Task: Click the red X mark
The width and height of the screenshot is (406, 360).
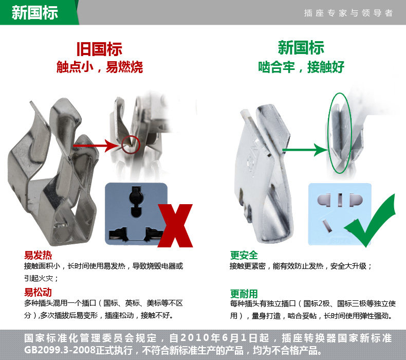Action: click(x=175, y=225)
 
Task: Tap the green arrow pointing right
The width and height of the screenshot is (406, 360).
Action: click(x=306, y=150)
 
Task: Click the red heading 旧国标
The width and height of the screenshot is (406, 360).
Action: click(x=99, y=49)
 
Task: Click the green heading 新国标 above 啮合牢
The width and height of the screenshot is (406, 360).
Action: click(x=301, y=48)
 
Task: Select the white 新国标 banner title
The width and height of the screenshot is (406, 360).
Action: click(x=35, y=12)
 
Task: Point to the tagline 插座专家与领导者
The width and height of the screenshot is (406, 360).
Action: click(x=348, y=13)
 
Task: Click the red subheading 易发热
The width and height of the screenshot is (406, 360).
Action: click(x=38, y=255)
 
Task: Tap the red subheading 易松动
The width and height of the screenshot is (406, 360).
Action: click(x=38, y=292)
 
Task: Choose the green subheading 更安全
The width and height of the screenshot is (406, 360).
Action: click(x=244, y=255)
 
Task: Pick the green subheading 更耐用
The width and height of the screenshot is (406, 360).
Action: click(x=244, y=294)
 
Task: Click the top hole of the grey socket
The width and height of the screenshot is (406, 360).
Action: click(x=136, y=202)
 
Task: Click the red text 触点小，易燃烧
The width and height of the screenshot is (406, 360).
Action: click(x=100, y=67)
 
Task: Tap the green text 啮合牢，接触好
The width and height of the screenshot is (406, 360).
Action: click(x=301, y=67)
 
